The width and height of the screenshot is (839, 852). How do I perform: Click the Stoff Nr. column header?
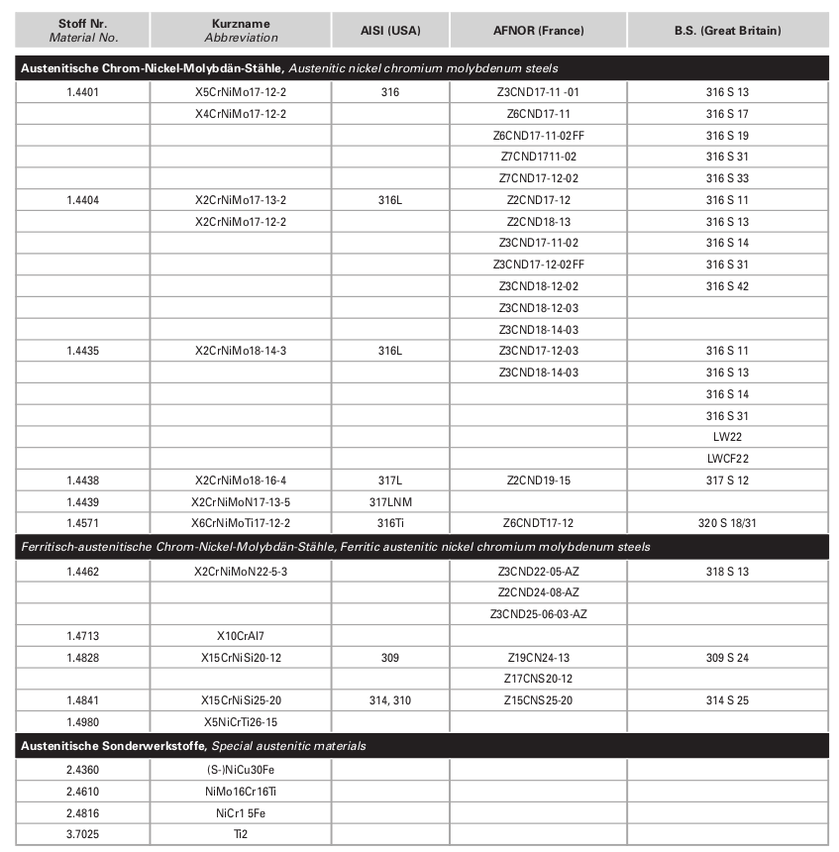click(x=83, y=30)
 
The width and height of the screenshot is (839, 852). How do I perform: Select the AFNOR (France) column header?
click(x=538, y=31)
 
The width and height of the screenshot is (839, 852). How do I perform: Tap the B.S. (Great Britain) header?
click(x=727, y=31)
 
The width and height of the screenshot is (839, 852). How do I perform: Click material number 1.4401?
click(x=83, y=92)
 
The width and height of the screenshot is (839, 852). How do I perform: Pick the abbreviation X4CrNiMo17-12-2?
click(x=241, y=114)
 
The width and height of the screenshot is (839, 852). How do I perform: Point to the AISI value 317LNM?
click(x=389, y=501)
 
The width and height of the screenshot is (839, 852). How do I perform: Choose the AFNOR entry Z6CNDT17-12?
click(x=538, y=523)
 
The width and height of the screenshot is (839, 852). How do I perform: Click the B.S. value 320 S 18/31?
click(x=727, y=523)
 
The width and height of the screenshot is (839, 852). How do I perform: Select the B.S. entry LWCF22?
click(x=727, y=459)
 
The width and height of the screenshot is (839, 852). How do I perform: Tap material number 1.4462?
click(x=83, y=572)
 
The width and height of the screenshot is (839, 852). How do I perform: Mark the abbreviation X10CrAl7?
click(x=241, y=635)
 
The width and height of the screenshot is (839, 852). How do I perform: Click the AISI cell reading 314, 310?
click(x=389, y=700)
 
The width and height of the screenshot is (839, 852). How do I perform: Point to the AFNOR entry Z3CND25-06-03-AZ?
click(x=538, y=614)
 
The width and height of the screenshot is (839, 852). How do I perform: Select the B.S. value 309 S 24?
click(x=727, y=657)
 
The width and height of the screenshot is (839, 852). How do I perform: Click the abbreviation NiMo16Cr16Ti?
click(x=241, y=792)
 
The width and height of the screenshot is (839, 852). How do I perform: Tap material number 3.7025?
click(x=83, y=834)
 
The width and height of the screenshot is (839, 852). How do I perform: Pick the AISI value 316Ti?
click(x=389, y=523)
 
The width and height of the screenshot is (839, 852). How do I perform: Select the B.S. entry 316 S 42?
click(x=727, y=286)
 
